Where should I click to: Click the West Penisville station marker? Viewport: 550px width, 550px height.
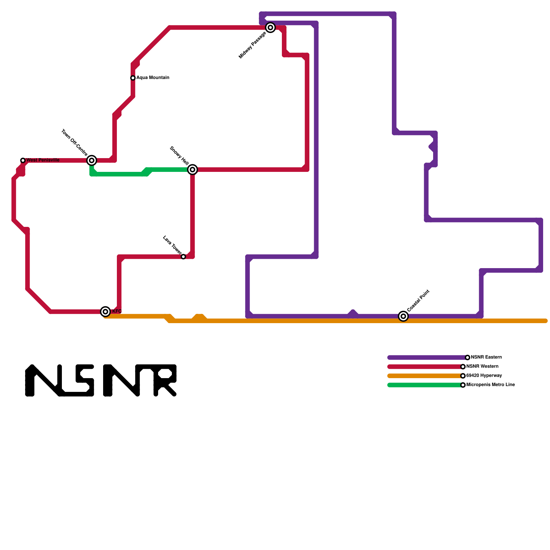coord(23,161)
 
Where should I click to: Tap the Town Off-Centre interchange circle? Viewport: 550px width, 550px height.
coord(91,160)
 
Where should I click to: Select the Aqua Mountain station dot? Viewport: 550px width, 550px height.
coord(133,78)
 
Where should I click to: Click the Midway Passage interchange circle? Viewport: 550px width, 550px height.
coord(271,27)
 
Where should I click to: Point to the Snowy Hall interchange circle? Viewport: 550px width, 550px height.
coord(192,169)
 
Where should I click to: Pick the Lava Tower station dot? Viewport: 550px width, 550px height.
coord(183,257)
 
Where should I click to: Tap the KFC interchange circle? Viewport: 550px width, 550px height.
coord(106,311)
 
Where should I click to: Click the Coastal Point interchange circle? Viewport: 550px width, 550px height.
coord(403,316)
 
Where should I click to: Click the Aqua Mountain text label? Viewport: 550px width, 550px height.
coord(153,78)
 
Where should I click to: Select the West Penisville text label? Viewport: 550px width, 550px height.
coord(43,160)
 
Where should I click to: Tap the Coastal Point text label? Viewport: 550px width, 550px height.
coord(418,301)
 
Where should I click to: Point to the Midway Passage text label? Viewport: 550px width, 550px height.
coord(252,45)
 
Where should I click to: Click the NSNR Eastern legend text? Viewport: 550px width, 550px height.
coord(486,357)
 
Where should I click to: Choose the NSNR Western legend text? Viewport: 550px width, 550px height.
coord(482,366)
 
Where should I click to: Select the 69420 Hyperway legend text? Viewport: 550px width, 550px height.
coord(484,376)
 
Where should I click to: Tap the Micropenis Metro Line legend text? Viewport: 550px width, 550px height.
coord(491,385)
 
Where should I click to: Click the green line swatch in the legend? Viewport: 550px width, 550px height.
coord(425,385)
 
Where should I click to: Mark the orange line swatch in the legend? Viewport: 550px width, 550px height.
coord(425,376)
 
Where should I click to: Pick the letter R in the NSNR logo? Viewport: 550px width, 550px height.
coord(165,380)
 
